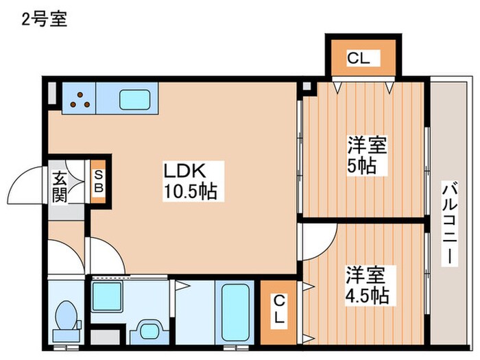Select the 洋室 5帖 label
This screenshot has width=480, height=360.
(367, 155)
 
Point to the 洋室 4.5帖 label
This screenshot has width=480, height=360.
(366, 285)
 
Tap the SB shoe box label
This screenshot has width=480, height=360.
(98, 181)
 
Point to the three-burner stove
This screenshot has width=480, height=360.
(80, 100)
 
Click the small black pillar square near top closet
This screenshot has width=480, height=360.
(306, 87)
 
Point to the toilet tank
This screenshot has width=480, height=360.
(67, 335)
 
